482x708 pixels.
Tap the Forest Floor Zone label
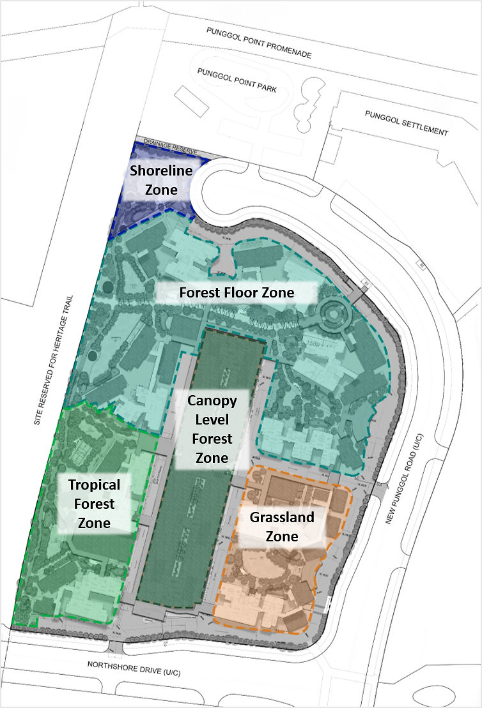(237, 293)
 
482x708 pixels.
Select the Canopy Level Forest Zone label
(212, 429)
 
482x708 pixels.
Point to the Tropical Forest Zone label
(95, 504)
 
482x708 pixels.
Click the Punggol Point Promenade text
(259, 43)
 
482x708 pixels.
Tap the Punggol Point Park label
(237, 80)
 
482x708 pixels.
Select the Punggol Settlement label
(406, 123)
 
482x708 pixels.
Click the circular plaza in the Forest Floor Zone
(333, 313)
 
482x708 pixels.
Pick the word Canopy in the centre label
(212, 401)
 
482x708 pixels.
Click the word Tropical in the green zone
(95, 485)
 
